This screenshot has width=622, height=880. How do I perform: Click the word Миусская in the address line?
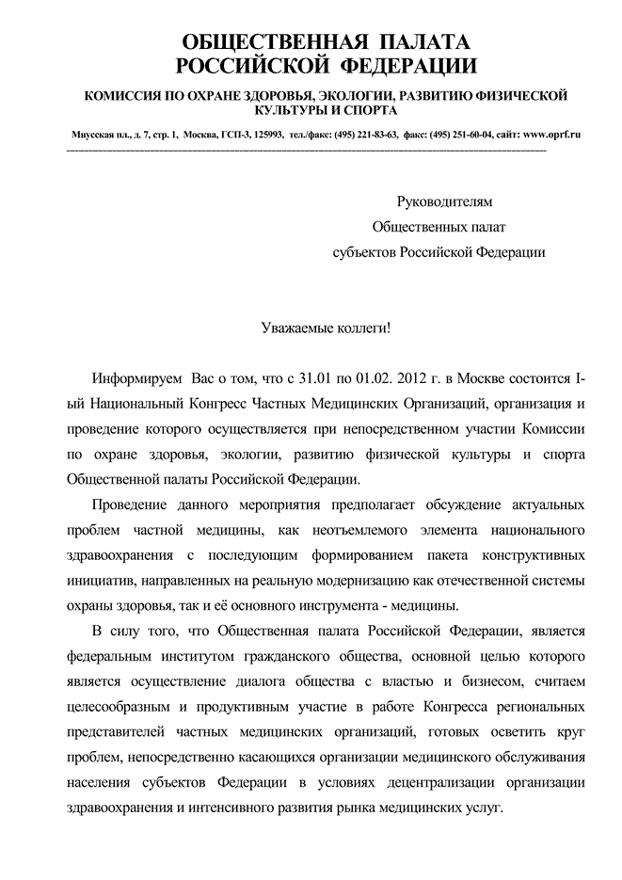(x=94, y=134)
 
